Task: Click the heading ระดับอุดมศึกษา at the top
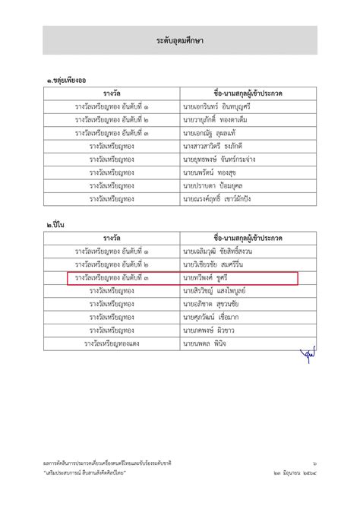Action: click(180, 40)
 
